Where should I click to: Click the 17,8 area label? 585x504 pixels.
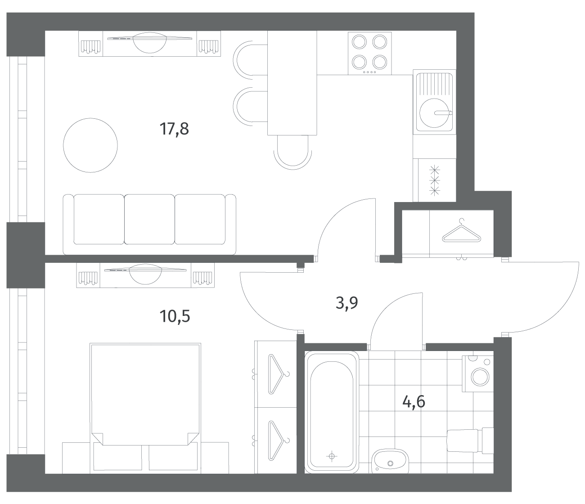pyautogui.click(x=174, y=129)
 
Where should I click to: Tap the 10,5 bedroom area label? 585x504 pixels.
pyautogui.click(x=175, y=316)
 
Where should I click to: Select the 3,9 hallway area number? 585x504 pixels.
pyautogui.click(x=346, y=303)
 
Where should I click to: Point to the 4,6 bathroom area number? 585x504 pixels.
pyautogui.click(x=414, y=401)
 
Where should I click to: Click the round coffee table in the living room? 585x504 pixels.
pyautogui.click(x=90, y=145)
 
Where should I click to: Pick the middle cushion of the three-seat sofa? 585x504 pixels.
pyautogui.click(x=149, y=219)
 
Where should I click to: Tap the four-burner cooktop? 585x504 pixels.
pyautogui.click(x=369, y=53)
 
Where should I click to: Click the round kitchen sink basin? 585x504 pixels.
pyautogui.click(x=434, y=113)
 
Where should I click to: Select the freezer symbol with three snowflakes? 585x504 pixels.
pyautogui.click(x=435, y=180)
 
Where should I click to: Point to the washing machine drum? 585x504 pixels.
pyautogui.click(x=480, y=377)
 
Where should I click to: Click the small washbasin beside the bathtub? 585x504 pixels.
pyautogui.click(x=390, y=461)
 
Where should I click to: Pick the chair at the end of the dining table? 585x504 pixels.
pyautogui.click(x=292, y=153)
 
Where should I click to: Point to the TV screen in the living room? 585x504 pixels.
pyautogui.click(x=149, y=38)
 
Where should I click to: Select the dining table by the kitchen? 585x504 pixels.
pyautogui.click(x=292, y=83)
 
